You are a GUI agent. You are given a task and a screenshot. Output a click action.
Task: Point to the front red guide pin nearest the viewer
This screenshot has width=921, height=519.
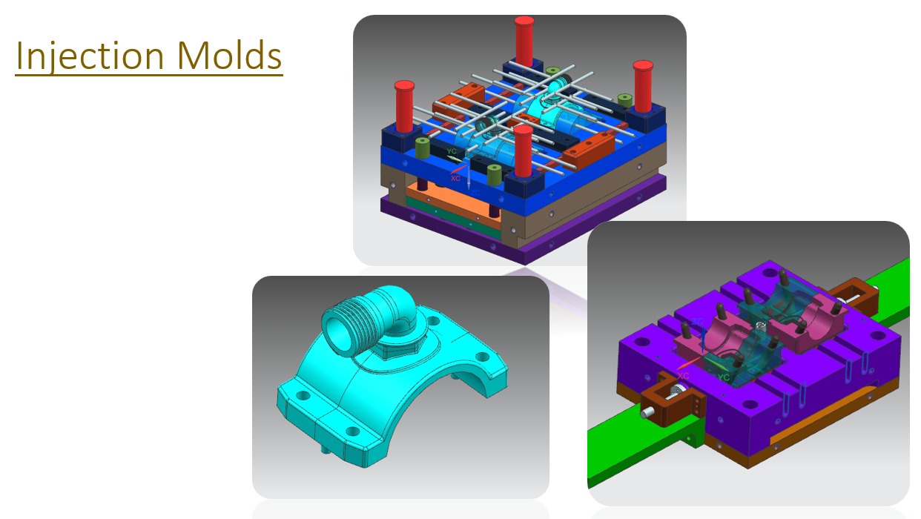click(x=524, y=152)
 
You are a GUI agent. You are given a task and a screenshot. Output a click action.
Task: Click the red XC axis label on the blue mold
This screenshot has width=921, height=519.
click(x=455, y=179)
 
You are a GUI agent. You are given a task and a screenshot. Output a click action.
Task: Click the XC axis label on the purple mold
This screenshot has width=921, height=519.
click(x=683, y=375)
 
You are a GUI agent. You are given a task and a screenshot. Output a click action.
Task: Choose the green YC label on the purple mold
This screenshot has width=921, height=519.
click(x=723, y=377)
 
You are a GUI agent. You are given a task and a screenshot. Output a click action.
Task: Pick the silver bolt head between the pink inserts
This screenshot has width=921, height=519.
click(x=757, y=326)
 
